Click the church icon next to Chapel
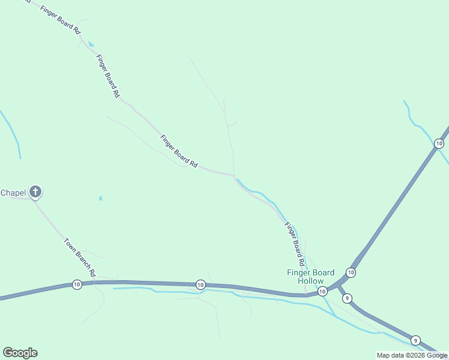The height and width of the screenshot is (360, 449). [35, 192]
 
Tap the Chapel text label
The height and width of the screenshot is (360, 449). [13, 193]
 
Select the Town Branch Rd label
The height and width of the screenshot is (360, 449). [80, 257]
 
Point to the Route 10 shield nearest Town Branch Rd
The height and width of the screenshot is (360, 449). [77, 284]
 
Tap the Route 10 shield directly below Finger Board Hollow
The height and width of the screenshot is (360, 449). [322, 292]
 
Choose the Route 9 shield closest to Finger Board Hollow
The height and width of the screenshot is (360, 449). [348, 298]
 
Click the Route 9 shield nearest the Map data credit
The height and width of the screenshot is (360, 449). [415, 339]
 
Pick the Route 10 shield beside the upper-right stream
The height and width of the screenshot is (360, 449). [439, 143]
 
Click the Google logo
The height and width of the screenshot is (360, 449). [20, 353]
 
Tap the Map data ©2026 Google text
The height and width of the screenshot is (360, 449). [412, 355]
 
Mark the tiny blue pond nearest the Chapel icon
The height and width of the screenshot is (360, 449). [100, 198]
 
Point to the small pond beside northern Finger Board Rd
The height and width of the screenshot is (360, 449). [91, 44]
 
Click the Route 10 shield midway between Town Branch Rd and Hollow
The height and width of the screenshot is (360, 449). [200, 284]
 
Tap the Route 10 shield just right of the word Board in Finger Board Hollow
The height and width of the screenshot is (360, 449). [351, 273]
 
